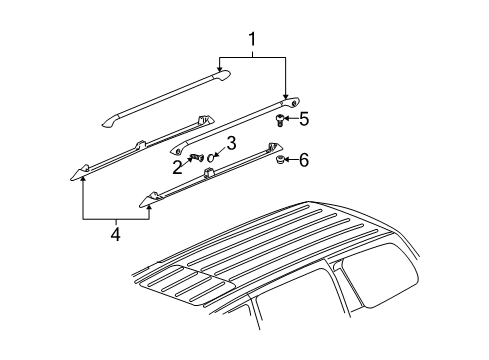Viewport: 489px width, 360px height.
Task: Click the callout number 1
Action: point(253,41)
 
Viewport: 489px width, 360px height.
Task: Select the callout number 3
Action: point(230,143)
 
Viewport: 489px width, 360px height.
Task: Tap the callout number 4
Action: point(115,235)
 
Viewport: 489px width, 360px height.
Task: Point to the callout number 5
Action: point(304,119)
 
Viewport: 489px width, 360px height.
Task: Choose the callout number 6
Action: point(304,159)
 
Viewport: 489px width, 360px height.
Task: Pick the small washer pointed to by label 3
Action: point(212,155)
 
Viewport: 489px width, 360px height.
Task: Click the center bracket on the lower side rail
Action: point(209,175)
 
